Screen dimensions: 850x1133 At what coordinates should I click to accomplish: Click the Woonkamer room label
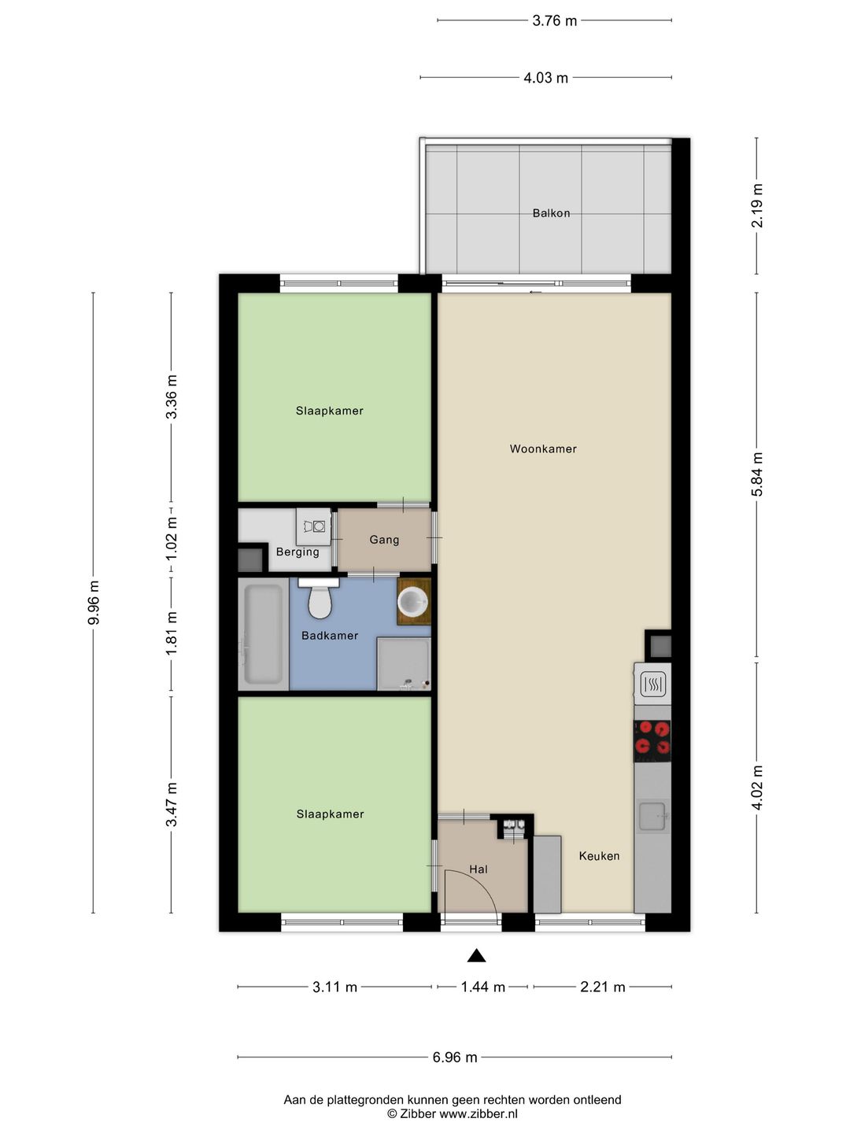pyautogui.click(x=543, y=449)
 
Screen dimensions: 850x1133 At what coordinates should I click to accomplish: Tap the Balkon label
pyautogui.click(x=551, y=213)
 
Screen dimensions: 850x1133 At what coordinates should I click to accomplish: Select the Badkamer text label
pyautogui.click(x=330, y=636)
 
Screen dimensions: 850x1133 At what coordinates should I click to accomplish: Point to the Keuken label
pyautogui.click(x=599, y=856)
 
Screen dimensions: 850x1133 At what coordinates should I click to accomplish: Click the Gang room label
pyautogui.click(x=385, y=540)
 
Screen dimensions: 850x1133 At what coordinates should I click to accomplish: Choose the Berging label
pyautogui.click(x=297, y=552)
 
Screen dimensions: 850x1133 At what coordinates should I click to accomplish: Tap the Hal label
pyautogui.click(x=479, y=869)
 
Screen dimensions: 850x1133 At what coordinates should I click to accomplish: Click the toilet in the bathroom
pyautogui.click(x=320, y=598)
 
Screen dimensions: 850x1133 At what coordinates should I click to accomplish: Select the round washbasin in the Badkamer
pyautogui.click(x=413, y=601)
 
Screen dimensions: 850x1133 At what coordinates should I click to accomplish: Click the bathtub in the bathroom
pyautogui.click(x=263, y=634)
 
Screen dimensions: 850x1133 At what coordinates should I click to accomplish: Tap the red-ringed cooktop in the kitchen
pyautogui.click(x=652, y=741)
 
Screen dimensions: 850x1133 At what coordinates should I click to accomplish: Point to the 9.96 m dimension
pyautogui.click(x=94, y=603)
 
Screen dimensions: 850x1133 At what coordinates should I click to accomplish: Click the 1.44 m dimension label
pyautogui.click(x=482, y=987)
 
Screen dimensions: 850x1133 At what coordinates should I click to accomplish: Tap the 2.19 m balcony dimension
pyautogui.click(x=757, y=205)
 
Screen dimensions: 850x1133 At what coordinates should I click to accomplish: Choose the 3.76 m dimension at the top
pyautogui.click(x=555, y=20)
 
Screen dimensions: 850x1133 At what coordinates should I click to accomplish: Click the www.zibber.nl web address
pyautogui.click(x=478, y=1113)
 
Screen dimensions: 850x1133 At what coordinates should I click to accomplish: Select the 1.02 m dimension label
pyautogui.click(x=172, y=540)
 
